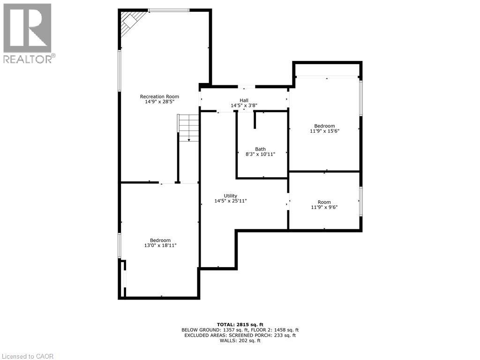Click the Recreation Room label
[x=159, y=97]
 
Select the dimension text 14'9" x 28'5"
[x=159, y=102]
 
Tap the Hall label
[x=244, y=100]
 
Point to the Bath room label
[x=260, y=149]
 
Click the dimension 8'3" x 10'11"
[x=260, y=154]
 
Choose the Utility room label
[x=231, y=196]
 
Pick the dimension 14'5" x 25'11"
[x=231, y=201]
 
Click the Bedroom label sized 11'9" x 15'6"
[x=324, y=126]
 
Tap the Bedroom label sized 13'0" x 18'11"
[x=160, y=240]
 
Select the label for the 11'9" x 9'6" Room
[x=324, y=202]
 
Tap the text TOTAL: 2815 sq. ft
[x=240, y=324]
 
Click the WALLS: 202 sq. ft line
[x=240, y=341]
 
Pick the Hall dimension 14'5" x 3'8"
[x=244, y=105]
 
